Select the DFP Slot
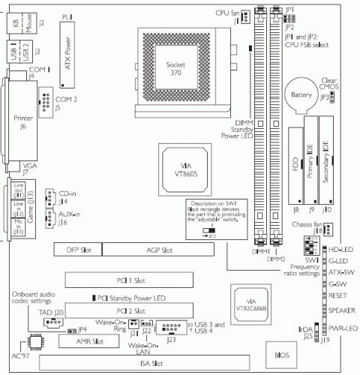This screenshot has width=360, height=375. pyautogui.click(x=76, y=249)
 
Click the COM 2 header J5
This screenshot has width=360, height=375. pyautogui.click(x=45, y=100)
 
